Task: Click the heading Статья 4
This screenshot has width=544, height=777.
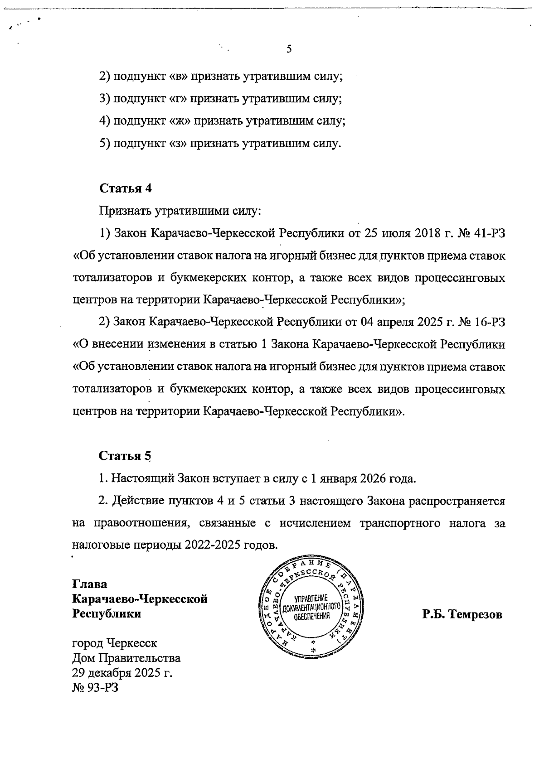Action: (x=125, y=188)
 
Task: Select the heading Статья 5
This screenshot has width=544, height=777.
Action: (x=125, y=456)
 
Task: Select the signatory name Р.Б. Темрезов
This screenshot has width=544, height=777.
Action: (x=462, y=615)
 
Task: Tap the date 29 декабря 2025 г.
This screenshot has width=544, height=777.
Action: (x=122, y=673)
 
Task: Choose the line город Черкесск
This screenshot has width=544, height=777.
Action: (x=115, y=643)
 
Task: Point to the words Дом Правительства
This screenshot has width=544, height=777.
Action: (x=126, y=658)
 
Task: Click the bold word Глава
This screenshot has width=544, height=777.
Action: (x=90, y=584)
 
